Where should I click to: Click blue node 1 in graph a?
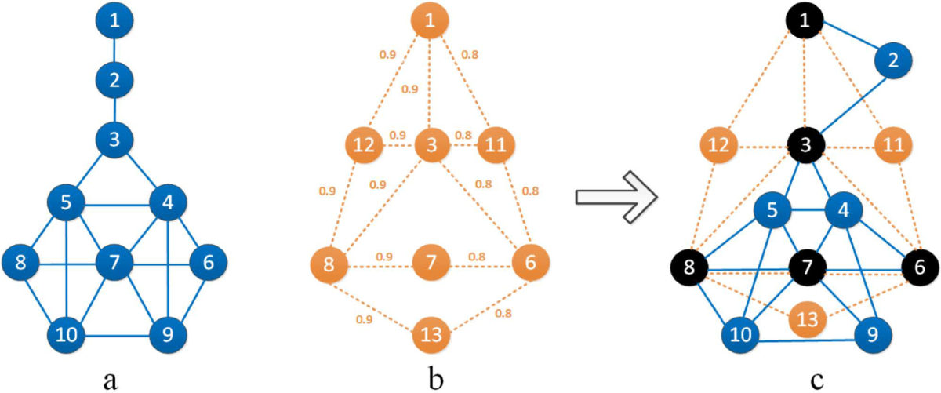115,21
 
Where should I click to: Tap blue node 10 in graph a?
66,334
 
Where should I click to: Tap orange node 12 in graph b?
363,145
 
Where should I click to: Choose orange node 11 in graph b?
496,145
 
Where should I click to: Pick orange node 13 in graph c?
809,318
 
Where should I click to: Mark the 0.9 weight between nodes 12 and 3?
397,134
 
